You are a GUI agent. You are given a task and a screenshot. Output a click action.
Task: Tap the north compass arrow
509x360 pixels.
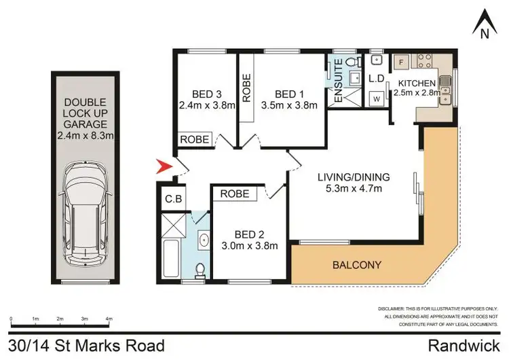point(481,21)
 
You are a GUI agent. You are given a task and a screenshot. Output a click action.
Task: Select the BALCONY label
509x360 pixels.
point(356,265)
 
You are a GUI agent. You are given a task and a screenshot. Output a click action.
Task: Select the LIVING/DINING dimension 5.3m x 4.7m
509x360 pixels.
point(354,189)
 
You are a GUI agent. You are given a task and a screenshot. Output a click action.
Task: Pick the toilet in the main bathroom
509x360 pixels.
point(200,270)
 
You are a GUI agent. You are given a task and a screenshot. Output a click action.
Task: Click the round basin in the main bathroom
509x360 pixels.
point(202,240)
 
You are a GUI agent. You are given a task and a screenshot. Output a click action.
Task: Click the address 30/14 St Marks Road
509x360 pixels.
point(86,346)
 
